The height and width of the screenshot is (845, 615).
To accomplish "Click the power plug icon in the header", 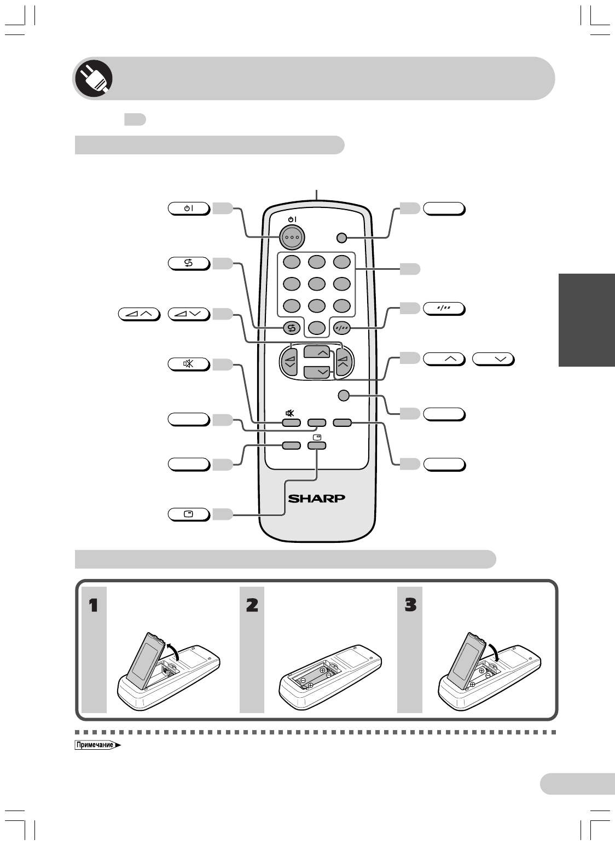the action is [x=93, y=78].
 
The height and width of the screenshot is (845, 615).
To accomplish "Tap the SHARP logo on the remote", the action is [x=317, y=499].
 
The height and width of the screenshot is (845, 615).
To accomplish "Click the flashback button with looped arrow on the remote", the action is [x=291, y=328].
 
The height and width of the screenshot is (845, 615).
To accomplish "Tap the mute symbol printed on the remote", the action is [x=291, y=413].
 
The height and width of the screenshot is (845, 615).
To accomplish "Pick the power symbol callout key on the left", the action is [x=189, y=208].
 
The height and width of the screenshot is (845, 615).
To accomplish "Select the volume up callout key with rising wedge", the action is [x=138, y=314].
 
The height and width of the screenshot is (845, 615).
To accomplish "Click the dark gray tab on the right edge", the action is [x=587, y=320].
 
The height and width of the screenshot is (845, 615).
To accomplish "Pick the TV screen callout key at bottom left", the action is [x=189, y=514].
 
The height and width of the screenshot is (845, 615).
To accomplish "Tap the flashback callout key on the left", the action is [x=189, y=263].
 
